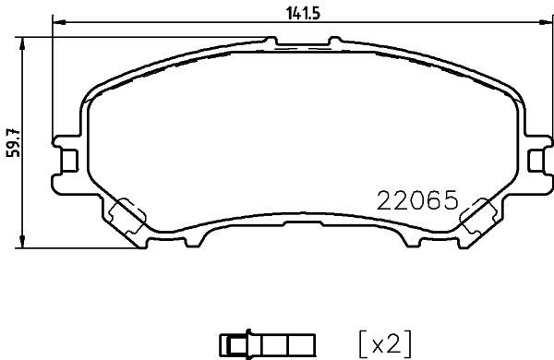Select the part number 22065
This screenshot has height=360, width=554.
click(417, 199)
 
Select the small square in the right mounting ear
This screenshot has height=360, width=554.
click(537, 159)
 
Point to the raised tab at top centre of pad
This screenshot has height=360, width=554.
click(303, 42)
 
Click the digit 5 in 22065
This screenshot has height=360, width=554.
click(450, 199)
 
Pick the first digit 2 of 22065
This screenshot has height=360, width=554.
click(385, 199)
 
